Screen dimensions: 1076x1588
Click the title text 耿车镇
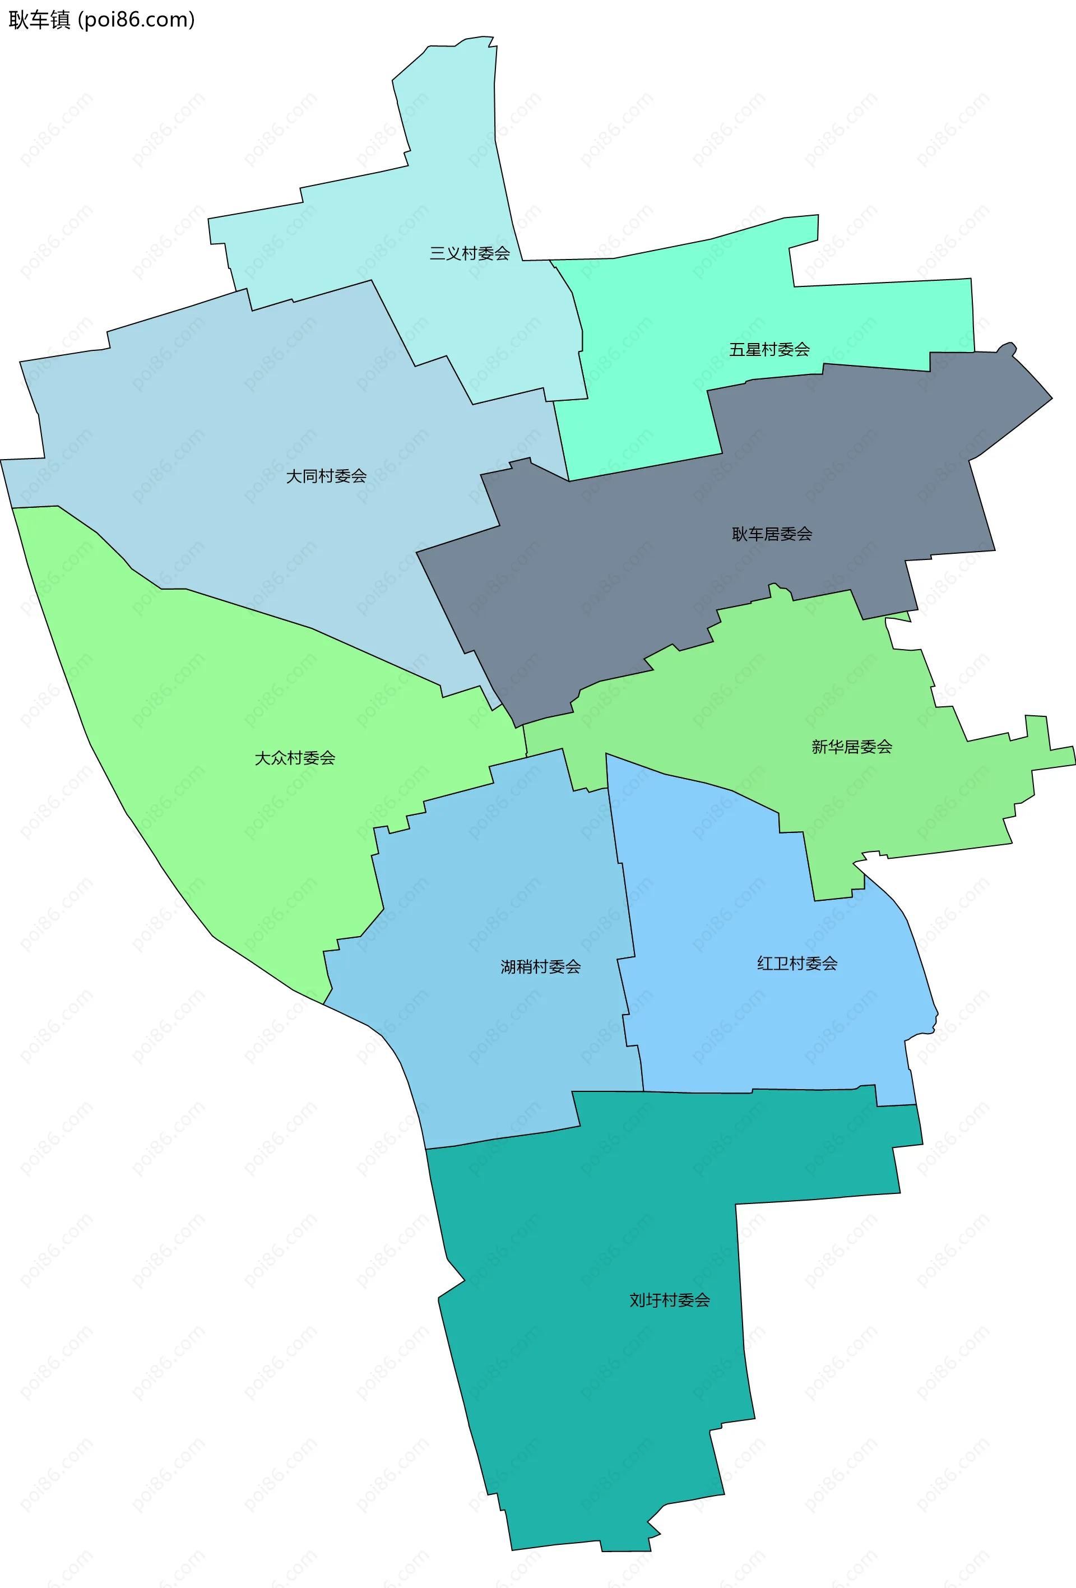(39, 20)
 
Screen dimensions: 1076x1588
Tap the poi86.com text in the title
(137, 20)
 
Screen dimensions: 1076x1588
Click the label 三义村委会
(469, 253)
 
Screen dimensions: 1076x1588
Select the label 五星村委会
(769, 350)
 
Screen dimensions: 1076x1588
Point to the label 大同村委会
(326, 476)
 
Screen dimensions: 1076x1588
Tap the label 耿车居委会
(772, 534)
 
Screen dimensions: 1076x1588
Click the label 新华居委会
(851, 747)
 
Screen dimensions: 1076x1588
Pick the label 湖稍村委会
(540, 967)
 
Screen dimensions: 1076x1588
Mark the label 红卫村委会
(796, 964)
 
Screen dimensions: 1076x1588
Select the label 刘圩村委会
(670, 1300)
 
